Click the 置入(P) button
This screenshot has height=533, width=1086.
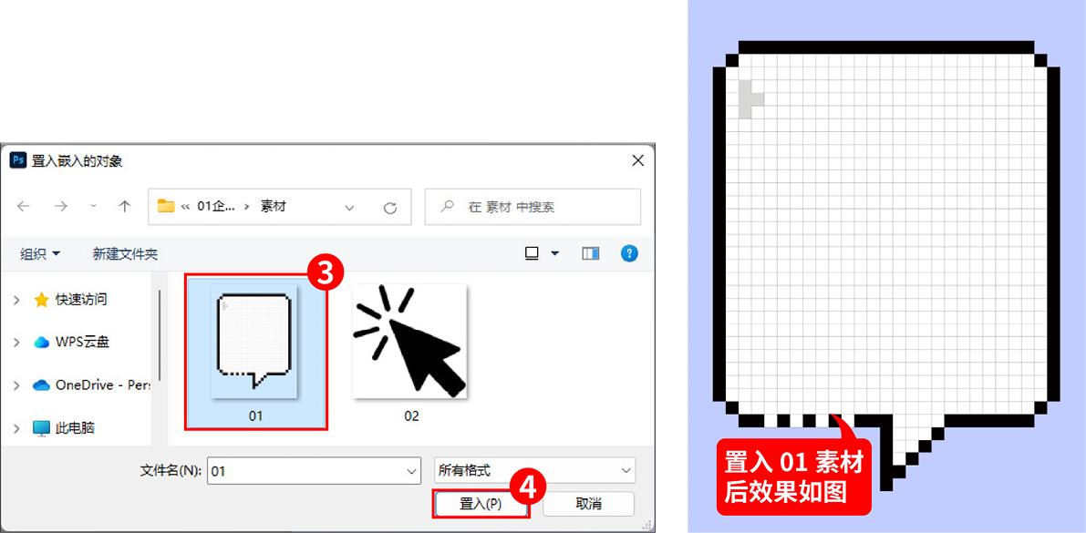click(x=481, y=503)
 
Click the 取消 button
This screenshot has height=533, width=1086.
click(x=588, y=503)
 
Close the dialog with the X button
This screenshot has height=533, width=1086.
click(x=638, y=160)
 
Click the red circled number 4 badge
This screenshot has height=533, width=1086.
click(x=528, y=488)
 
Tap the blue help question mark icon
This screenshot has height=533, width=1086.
click(x=629, y=253)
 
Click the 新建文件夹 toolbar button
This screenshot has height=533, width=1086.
click(x=125, y=254)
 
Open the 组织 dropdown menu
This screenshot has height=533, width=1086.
click(x=40, y=254)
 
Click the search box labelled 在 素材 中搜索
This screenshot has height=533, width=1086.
click(x=533, y=206)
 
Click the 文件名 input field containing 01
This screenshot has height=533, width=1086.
click(x=314, y=471)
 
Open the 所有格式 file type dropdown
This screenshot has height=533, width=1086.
click(x=534, y=471)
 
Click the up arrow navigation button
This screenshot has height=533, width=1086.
click(x=125, y=206)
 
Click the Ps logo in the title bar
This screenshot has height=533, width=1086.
click(x=18, y=160)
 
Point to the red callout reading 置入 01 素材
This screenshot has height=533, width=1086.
click(x=793, y=477)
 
